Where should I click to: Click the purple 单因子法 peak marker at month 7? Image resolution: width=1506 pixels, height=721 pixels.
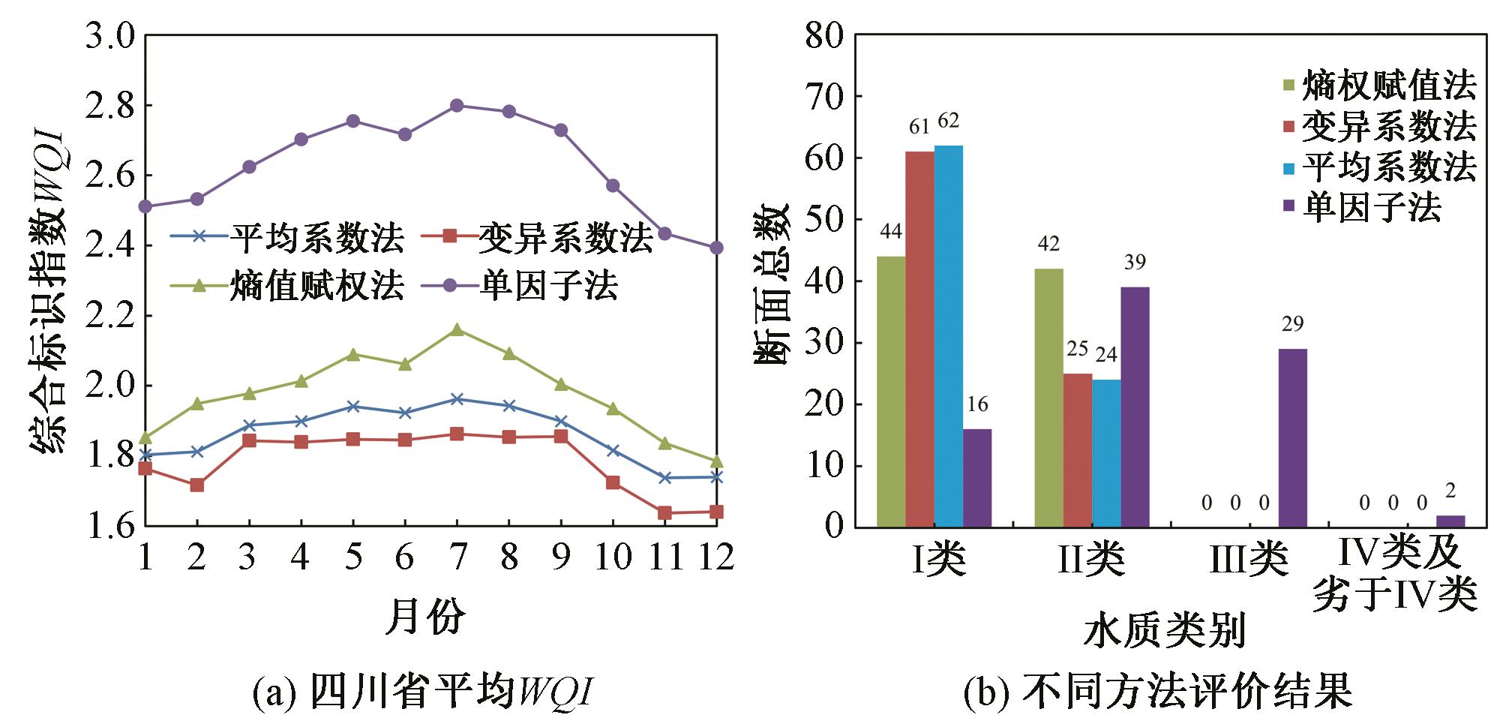(457, 105)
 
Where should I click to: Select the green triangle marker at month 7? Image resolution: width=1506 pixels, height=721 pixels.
(457, 329)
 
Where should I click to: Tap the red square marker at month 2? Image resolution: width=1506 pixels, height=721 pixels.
(196, 485)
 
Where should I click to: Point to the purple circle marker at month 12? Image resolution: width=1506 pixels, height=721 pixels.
(716, 248)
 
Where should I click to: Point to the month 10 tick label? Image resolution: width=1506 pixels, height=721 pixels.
(613, 557)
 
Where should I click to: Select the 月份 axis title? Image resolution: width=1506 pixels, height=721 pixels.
(425, 617)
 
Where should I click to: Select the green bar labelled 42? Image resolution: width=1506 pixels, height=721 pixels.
(1048, 398)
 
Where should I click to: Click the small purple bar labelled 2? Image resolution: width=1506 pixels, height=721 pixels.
(1450, 521)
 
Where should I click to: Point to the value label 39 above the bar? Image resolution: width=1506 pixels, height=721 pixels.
(1135, 262)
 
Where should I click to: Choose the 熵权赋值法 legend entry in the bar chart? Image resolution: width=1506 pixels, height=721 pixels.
(1387, 86)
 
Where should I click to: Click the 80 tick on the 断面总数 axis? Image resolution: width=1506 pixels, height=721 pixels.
(823, 35)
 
